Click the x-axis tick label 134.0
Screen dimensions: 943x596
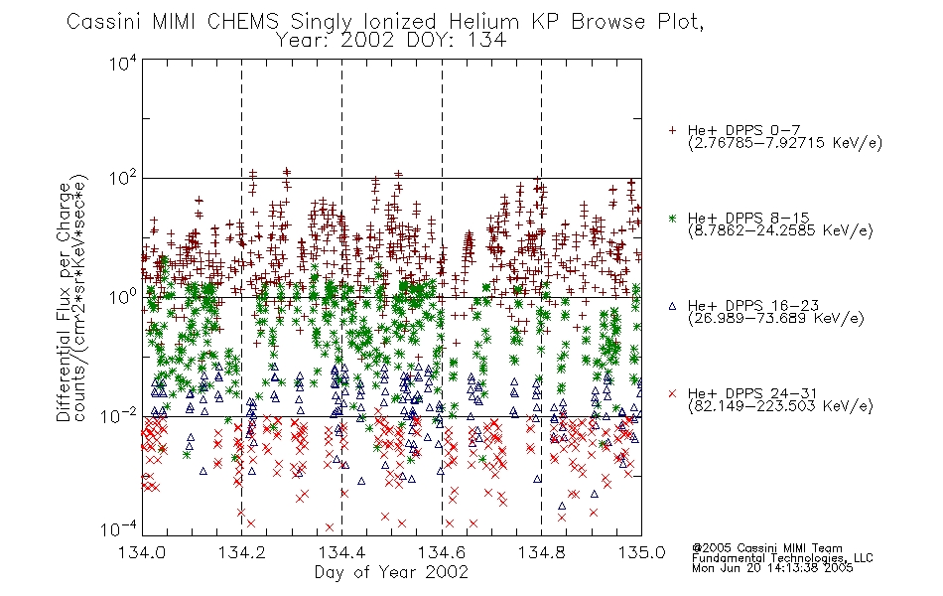tap(142, 552)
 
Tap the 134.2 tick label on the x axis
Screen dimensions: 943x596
tap(242, 552)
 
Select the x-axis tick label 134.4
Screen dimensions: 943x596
tap(341, 552)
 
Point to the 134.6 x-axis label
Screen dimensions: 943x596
tap(442, 552)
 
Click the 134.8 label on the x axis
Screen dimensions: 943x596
tap(541, 552)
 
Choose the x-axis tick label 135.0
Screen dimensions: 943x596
tap(641, 552)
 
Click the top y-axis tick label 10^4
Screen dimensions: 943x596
tap(123, 63)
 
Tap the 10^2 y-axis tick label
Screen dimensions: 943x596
tap(123, 180)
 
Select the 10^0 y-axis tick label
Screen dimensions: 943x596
tap(123, 298)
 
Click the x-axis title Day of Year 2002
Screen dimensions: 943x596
tap(391, 572)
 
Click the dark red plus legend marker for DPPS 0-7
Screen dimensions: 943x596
tap(672, 130)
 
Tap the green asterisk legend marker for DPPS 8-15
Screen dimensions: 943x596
tap(672, 218)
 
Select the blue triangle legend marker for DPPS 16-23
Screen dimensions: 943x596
tap(672, 306)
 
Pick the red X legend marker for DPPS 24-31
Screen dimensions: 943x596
tap(672, 393)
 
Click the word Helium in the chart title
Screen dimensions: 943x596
tap(484, 22)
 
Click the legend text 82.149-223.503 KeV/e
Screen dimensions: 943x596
tap(780, 406)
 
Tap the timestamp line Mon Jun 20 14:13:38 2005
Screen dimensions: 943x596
tap(772, 567)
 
